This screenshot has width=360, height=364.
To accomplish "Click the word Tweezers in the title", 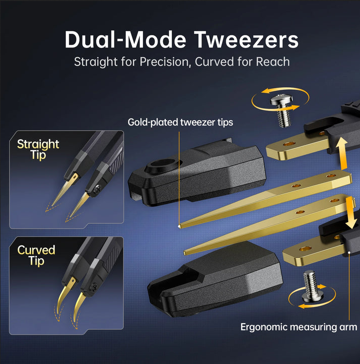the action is pos(246,40).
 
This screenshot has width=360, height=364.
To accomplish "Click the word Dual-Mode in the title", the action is pos(125,40).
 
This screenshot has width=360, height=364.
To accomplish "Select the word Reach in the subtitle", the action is pos(272,62).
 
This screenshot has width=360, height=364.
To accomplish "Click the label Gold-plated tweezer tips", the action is pos(180,123).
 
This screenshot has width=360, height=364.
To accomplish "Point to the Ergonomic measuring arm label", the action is pos(299,327).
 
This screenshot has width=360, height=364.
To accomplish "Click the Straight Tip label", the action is pos(38,149).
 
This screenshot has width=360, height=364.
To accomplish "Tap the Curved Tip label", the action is pos(36,256).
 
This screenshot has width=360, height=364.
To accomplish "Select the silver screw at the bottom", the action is pos(310,286).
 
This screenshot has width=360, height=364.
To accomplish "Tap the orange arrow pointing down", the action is pos(350,213).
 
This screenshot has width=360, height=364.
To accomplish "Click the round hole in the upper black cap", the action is pos(163,164).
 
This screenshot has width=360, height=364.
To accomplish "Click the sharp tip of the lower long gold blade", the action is pos(185,253).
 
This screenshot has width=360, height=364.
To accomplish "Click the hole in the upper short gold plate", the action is pos(290,144).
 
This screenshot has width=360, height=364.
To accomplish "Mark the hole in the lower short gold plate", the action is pos(305,249).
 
